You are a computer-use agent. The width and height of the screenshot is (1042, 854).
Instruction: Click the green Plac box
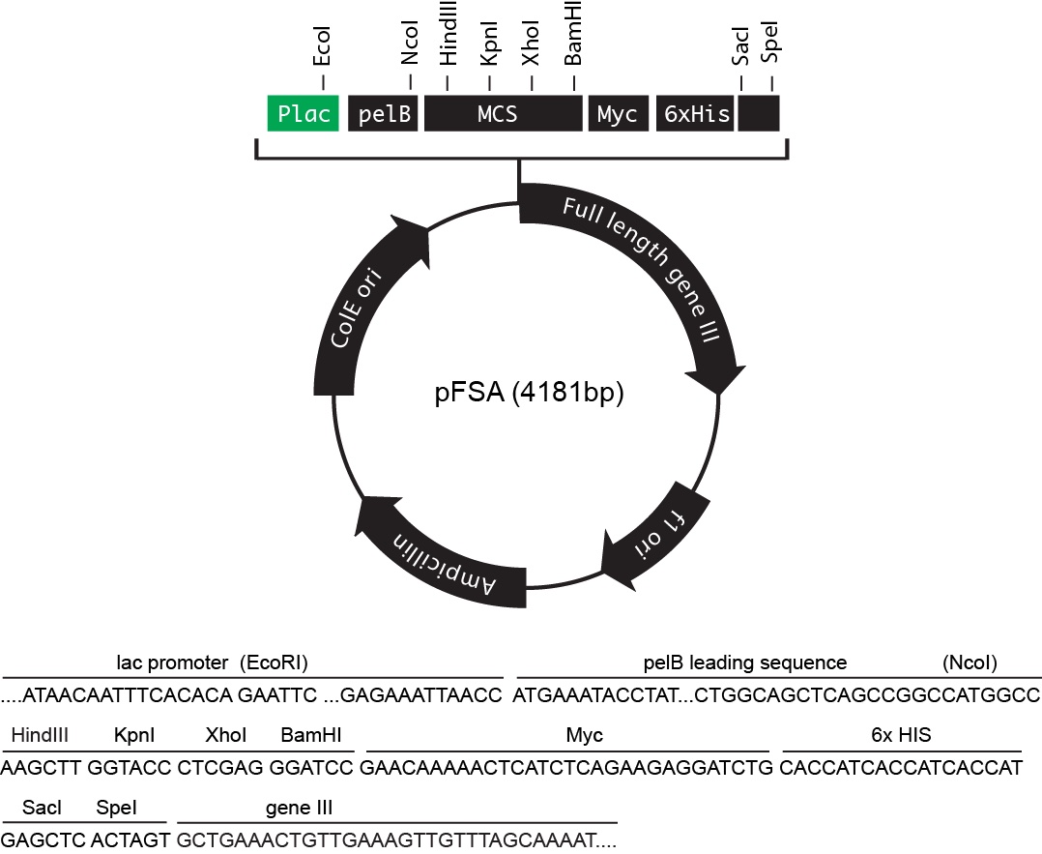[x=304, y=114]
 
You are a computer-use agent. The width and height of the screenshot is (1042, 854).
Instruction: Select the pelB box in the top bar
[x=384, y=114]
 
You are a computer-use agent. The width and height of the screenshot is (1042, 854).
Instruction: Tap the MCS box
[x=498, y=114]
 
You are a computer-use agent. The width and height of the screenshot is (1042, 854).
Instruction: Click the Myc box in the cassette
[x=617, y=114]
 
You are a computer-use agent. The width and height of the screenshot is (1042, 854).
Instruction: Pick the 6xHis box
[x=696, y=114]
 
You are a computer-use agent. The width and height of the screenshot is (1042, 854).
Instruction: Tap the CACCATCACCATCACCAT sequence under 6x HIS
[x=901, y=769]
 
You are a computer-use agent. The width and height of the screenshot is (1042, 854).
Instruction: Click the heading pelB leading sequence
[x=745, y=663]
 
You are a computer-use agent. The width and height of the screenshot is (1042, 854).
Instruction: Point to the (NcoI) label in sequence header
[x=970, y=663]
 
